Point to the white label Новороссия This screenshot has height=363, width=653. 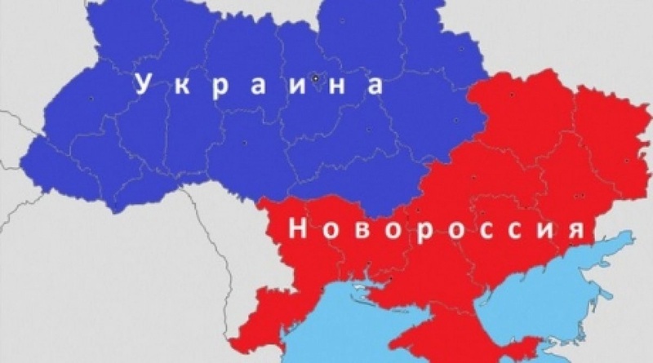pyautogui.click(x=438, y=230)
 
